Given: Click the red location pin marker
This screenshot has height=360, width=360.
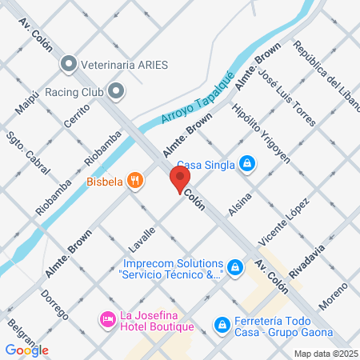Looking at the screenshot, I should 179,178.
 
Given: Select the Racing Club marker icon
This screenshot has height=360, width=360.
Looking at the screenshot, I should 117,91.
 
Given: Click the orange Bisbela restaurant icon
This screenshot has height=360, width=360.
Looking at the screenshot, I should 136,181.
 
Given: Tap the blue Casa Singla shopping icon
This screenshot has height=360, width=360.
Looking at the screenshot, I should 248,165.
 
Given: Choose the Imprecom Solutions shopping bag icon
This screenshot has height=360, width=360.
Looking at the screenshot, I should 234,267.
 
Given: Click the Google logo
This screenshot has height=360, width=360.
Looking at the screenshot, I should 26,350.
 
